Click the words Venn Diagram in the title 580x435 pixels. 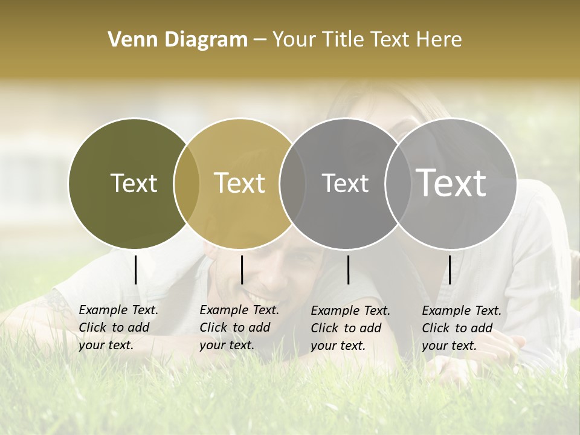click(x=178, y=40)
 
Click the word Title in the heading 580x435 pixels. click(x=344, y=40)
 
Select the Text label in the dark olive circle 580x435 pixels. click(x=134, y=183)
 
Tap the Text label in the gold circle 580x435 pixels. click(x=239, y=183)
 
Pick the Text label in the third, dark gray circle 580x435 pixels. click(x=345, y=183)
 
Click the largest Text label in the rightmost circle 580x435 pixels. click(x=451, y=182)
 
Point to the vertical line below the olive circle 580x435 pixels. click(x=135, y=269)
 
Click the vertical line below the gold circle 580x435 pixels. click(x=242, y=269)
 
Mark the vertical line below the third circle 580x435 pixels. click(x=348, y=269)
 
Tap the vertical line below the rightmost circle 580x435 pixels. click(x=449, y=269)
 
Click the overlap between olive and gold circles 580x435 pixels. click(x=187, y=183)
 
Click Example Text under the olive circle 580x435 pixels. click(x=118, y=310)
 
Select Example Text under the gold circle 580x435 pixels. click(x=239, y=310)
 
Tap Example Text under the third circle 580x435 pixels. click(x=350, y=311)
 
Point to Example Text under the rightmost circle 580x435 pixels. click(x=462, y=311)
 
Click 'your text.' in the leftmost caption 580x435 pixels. click(x=106, y=345)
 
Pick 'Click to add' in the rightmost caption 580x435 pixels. click(x=457, y=328)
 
